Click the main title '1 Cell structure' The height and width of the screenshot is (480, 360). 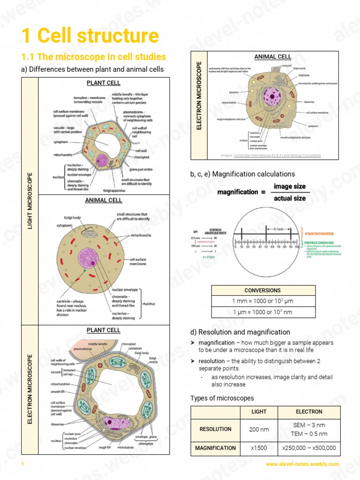pos(90,36)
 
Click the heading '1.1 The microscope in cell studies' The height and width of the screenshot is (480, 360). pos(94,57)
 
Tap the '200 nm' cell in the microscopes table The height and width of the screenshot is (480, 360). pos(259,429)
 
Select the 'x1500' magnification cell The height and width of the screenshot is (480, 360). pos(259,448)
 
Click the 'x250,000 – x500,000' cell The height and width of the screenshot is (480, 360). pos(309,448)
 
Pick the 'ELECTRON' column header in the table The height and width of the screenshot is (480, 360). pos(309,412)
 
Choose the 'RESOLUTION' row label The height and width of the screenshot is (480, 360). pos(215,429)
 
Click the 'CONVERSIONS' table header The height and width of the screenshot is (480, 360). pos(263,290)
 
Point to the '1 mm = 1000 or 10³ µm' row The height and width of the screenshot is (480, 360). pos(263,301)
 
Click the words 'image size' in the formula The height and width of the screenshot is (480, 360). pos(290,186)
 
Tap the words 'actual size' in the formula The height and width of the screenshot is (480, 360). pos(290,198)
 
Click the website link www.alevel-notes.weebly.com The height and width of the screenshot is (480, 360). pos(302,464)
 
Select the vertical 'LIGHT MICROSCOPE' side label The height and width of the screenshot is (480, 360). pos(30,201)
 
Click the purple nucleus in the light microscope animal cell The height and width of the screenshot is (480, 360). pos(88,258)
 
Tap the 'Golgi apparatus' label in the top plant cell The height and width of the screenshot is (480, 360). pos(116,190)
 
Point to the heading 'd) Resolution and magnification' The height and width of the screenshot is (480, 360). pos(240,332)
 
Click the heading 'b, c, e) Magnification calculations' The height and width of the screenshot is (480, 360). pos(242,174)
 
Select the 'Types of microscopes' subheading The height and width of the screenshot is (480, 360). pos(222,398)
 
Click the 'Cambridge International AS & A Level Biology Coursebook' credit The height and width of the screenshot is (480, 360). pos(277,155)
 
